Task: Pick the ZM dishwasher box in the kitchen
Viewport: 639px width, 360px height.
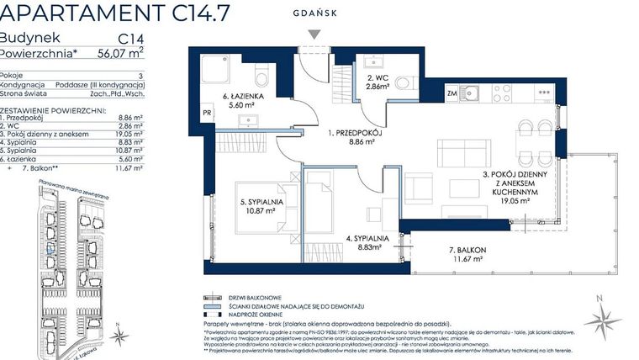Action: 452,93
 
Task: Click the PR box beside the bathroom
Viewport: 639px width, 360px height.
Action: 208,110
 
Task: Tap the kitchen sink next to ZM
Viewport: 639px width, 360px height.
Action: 473,93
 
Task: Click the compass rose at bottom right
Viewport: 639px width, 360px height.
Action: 602,319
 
